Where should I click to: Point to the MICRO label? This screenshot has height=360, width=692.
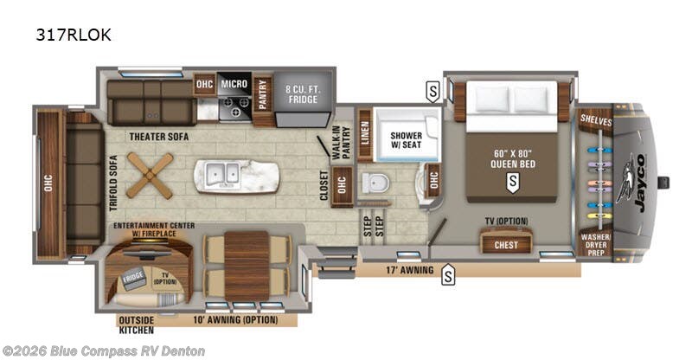click(x=234, y=84)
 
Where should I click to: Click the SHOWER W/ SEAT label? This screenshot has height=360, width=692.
click(x=406, y=140)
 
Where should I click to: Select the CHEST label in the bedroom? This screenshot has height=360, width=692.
click(x=506, y=244)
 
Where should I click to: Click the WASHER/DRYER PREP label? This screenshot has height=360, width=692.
click(x=597, y=243)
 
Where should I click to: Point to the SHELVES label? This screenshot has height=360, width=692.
click(x=597, y=122)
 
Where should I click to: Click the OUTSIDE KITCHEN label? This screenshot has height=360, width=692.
click(x=136, y=325)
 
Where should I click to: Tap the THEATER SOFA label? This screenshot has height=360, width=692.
click(x=159, y=136)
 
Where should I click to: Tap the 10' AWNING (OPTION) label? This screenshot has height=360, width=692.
click(x=235, y=320)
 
